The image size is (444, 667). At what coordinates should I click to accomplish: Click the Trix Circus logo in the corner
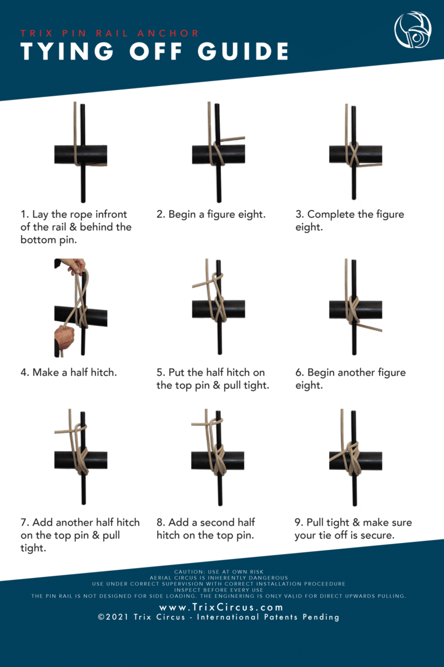(x=413, y=29)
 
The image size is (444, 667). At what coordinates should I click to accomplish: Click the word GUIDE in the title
(x=243, y=51)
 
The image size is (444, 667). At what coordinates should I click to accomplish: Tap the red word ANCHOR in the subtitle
(x=168, y=33)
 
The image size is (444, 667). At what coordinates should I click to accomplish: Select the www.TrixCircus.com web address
(x=221, y=607)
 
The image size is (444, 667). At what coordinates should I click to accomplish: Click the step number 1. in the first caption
(x=24, y=214)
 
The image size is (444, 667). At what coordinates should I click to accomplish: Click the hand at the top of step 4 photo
(x=73, y=266)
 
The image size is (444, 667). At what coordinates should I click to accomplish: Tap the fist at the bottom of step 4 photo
(x=64, y=338)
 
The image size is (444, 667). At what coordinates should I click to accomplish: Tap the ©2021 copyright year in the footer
(x=113, y=617)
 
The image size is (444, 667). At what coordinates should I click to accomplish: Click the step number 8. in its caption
(x=161, y=522)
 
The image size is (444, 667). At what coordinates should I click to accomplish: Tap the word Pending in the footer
(x=321, y=617)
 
